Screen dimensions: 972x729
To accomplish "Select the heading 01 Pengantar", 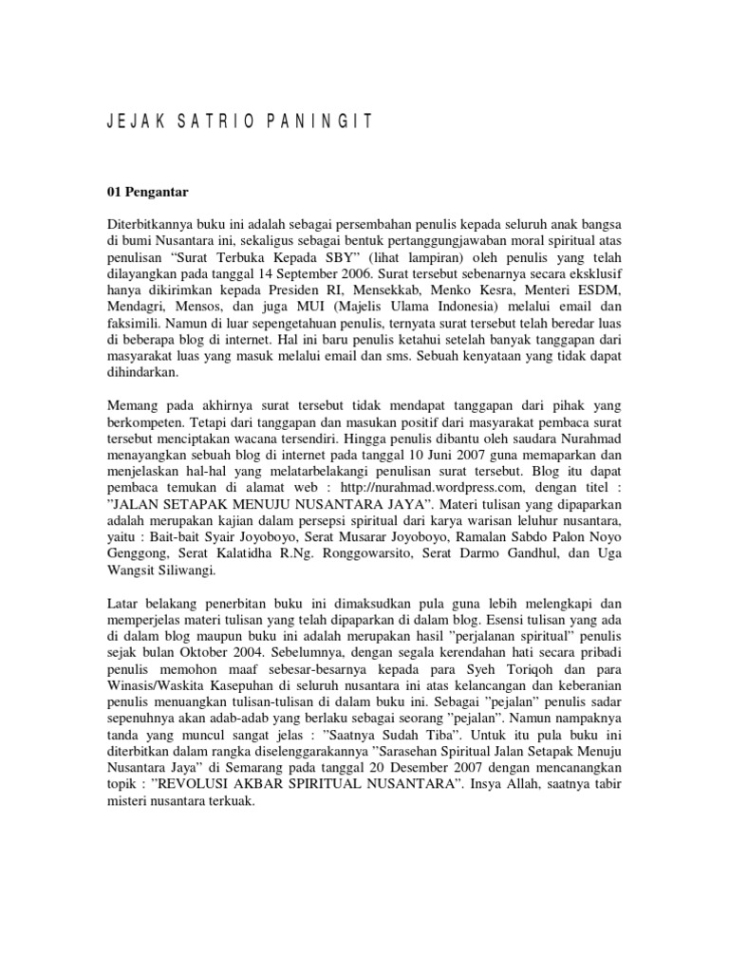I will pyautogui.click(x=147, y=192).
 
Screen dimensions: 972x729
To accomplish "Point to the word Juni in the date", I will pyautogui.click(x=426, y=454).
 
